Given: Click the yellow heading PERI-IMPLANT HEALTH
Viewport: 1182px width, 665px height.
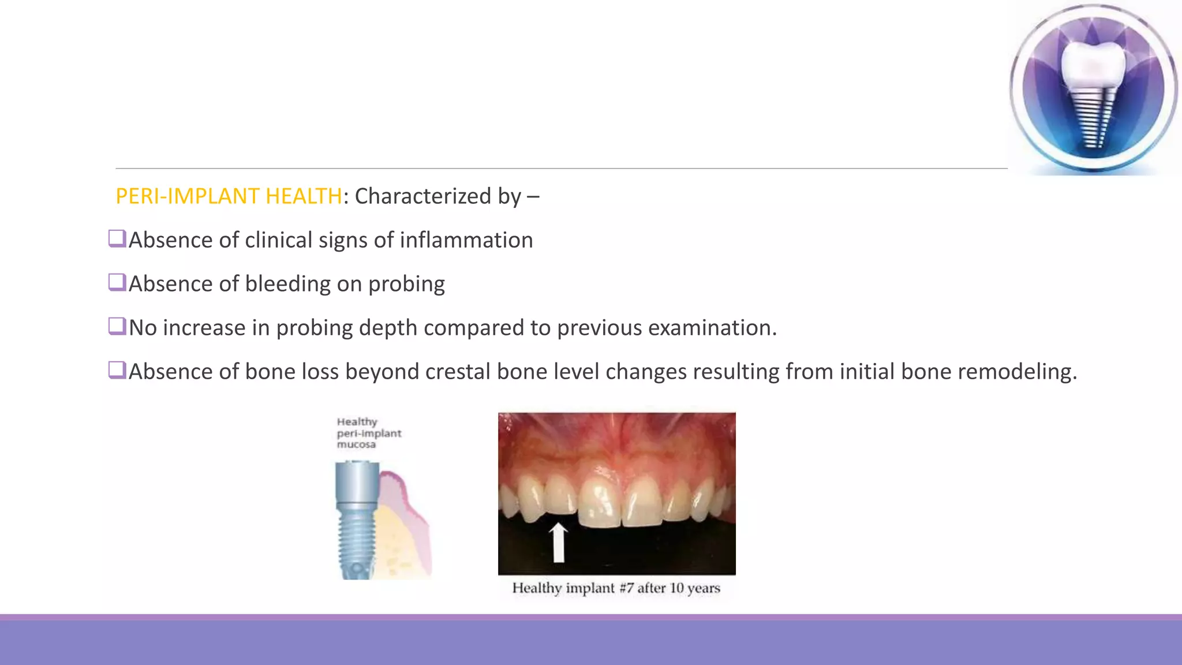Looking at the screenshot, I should click(229, 196).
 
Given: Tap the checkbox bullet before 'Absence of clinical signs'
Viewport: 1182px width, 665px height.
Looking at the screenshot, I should click(117, 238).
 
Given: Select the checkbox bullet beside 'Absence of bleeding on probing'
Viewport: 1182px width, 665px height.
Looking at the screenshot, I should click(117, 282).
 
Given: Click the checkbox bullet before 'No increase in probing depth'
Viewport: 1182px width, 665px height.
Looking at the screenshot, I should click(117, 326).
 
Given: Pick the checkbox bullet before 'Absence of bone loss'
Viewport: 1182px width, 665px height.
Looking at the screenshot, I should click(117, 370).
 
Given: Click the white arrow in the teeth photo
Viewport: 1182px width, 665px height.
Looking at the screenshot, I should click(558, 541).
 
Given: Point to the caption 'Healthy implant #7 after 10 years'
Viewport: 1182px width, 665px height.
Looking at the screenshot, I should click(616, 588).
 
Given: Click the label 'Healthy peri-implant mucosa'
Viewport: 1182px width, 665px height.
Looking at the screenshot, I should click(368, 433).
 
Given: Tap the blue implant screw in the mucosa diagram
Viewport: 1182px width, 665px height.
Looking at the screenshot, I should click(356, 520).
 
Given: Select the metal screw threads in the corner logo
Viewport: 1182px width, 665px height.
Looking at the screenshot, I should click(1091, 118).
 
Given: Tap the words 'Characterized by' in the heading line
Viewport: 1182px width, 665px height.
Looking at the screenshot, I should click(438, 196).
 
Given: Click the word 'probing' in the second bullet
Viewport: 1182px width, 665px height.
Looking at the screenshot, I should click(406, 284).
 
